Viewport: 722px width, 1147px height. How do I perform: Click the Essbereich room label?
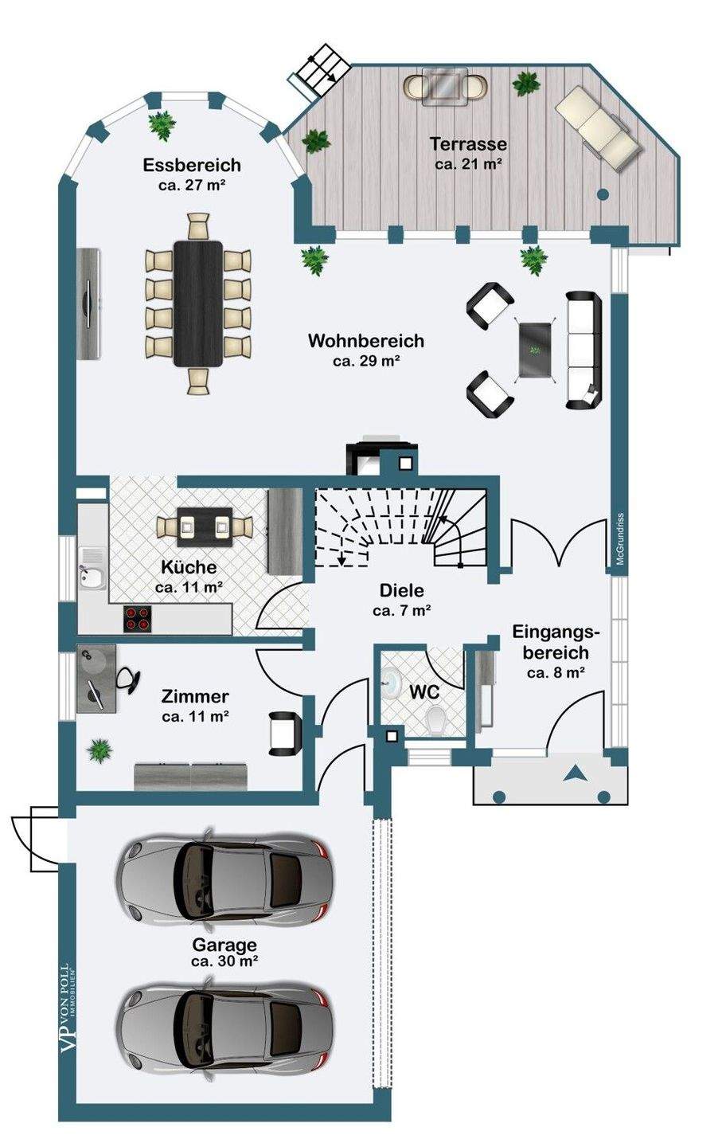point(192,166)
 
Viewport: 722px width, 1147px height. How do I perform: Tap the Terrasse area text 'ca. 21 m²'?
point(469,164)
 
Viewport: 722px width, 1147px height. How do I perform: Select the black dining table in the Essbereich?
point(198,303)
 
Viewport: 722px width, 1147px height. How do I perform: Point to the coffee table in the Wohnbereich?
point(535,350)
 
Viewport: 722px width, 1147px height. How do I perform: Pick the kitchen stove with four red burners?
point(137,619)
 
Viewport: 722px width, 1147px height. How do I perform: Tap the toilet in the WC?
point(436,722)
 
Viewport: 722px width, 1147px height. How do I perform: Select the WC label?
point(425,693)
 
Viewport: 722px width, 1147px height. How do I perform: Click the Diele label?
point(401,592)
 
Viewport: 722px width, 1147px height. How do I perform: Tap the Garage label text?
point(224,945)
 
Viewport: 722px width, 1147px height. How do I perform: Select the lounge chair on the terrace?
point(598,127)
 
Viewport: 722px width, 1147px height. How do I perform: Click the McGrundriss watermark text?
point(620,539)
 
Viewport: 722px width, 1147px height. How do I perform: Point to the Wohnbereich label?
point(366,341)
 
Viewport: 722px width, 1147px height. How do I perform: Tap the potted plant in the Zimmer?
point(100,750)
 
